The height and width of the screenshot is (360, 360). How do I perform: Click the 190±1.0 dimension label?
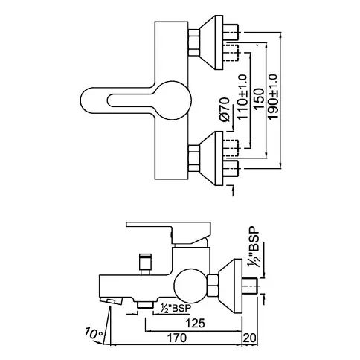(x=274, y=97)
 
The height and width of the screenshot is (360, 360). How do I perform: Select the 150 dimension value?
(x=259, y=99)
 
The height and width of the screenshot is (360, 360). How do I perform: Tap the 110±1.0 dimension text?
(x=242, y=97)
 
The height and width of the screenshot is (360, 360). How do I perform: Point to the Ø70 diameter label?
(x=225, y=109)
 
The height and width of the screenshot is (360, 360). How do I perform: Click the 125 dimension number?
(x=196, y=323)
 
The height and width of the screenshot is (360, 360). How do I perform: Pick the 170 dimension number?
(x=176, y=338)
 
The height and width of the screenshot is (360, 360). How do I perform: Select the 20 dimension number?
(x=250, y=338)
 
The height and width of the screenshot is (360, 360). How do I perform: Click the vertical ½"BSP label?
(x=254, y=246)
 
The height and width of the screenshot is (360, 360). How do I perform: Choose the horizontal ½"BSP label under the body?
(x=176, y=308)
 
